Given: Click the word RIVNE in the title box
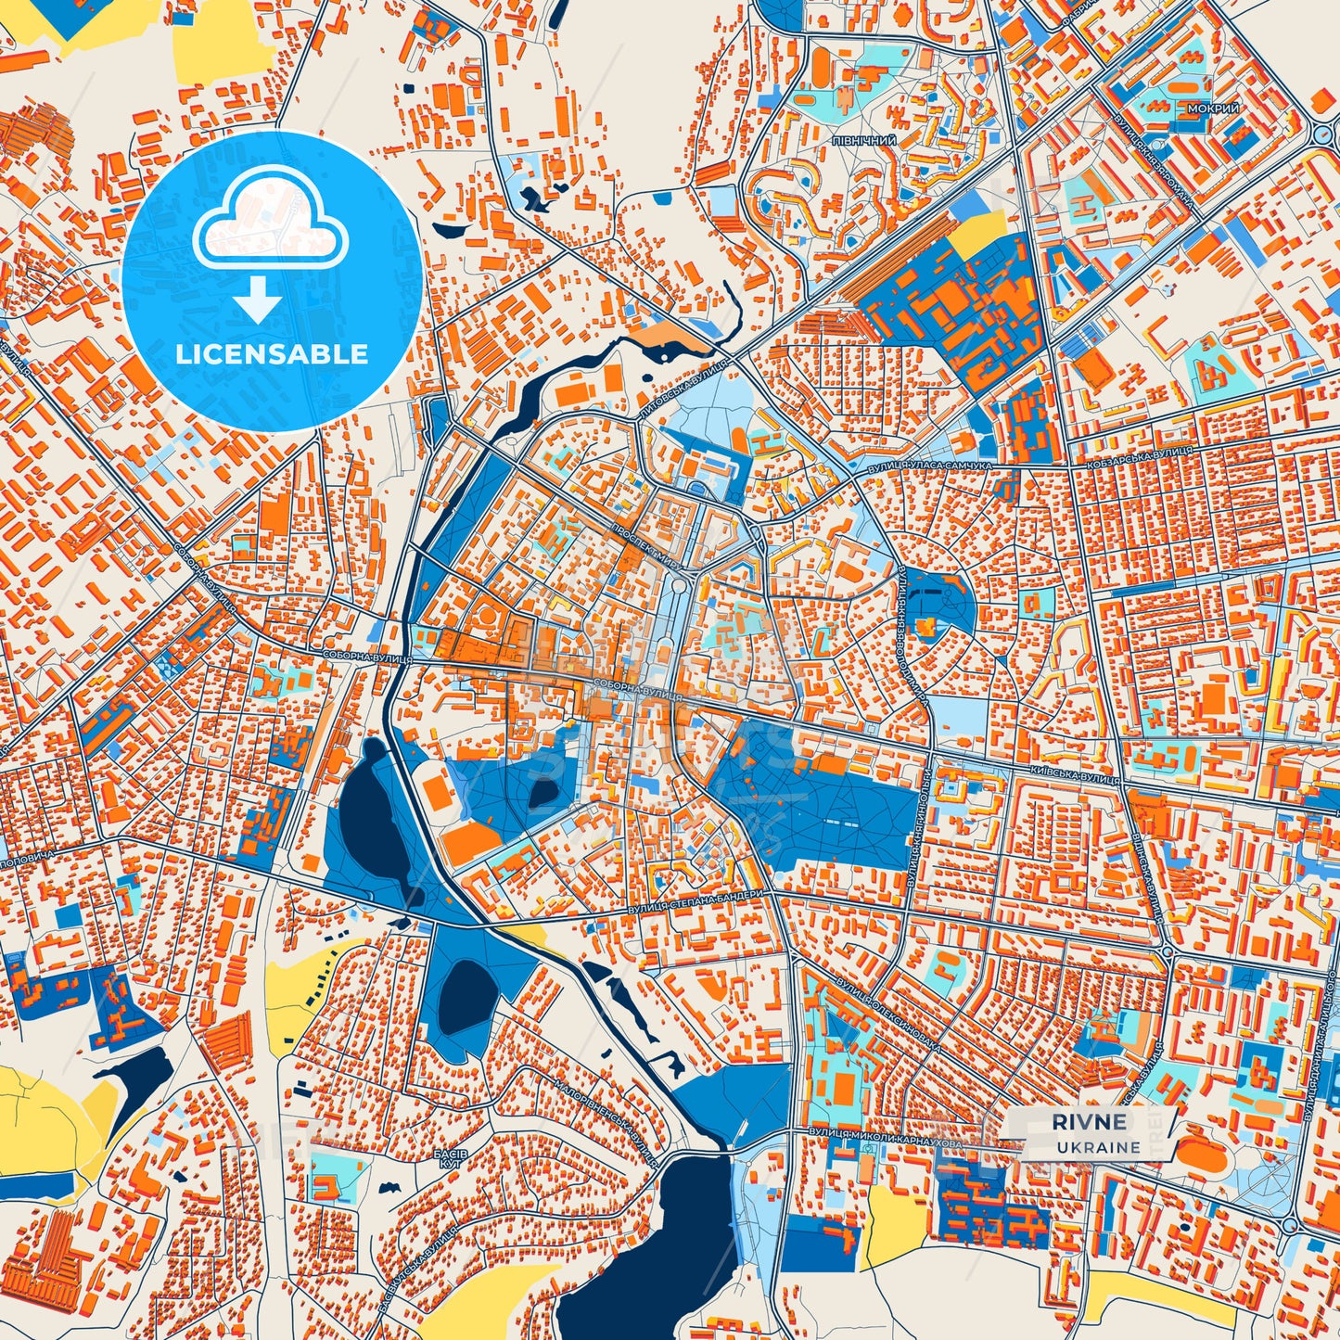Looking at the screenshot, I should pyautogui.click(x=1090, y=1121).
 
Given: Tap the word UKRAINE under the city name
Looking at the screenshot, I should pyautogui.click(x=1097, y=1147).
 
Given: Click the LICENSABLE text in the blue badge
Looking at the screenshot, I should pyautogui.click(x=272, y=354).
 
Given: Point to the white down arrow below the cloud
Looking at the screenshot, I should pyautogui.click(x=258, y=301).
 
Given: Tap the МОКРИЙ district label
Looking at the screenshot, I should pyautogui.click(x=1213, y=108).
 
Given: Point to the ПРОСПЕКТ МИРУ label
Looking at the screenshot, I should pyautogui.click(x=646, y=544).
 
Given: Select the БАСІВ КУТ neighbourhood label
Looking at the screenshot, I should pyautogui.click(x=451, y=1155).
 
